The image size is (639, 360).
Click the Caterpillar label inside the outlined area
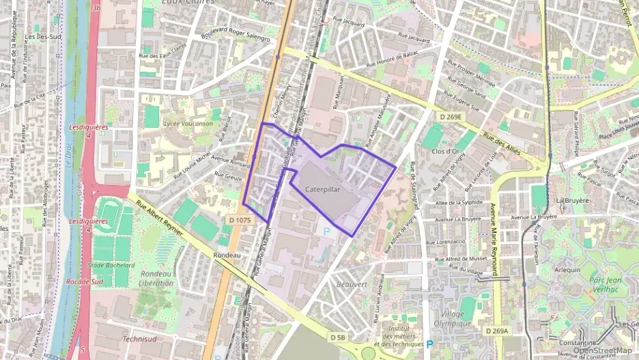(x=324, y=189)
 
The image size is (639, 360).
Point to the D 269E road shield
(x=451, y=117)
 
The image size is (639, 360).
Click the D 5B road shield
(x=337, y=337)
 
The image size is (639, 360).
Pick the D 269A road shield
(x=497, y=331)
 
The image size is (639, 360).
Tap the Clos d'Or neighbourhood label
(x=445, y=151)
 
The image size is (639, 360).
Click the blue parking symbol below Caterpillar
(x=326, y=232)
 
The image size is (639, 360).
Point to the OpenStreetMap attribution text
(x=602, y=350)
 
